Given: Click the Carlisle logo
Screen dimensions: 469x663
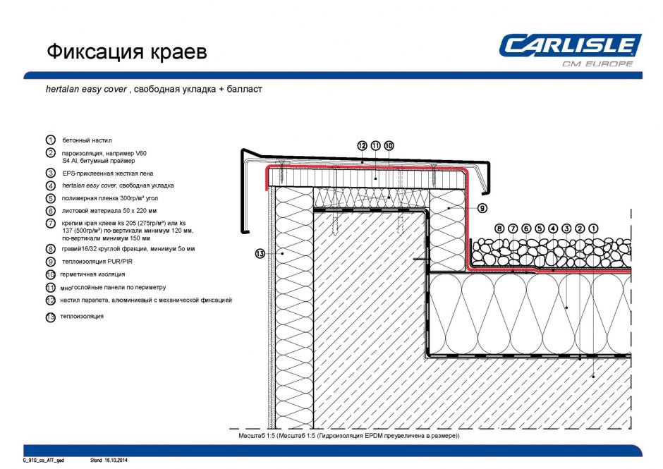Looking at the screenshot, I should (570, 46).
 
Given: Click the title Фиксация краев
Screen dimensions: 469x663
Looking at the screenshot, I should (127, 52).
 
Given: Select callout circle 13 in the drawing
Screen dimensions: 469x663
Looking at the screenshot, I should (260, 254).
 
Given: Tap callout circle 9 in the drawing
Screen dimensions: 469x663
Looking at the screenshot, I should (482, 208).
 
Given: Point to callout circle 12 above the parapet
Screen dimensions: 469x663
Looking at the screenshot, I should (362, 146).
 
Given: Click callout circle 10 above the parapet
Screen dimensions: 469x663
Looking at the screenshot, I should (389, 146).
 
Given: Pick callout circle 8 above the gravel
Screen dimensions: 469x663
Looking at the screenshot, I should (499, 229).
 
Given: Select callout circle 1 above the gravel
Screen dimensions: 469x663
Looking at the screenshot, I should (593, 229).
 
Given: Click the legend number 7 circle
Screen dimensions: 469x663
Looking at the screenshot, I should (51, 223).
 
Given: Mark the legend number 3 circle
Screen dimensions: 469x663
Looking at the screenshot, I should (51, 173).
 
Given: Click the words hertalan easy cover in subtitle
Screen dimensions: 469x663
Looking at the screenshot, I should (86, 90).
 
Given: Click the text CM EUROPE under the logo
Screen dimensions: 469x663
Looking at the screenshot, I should (597, 63).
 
